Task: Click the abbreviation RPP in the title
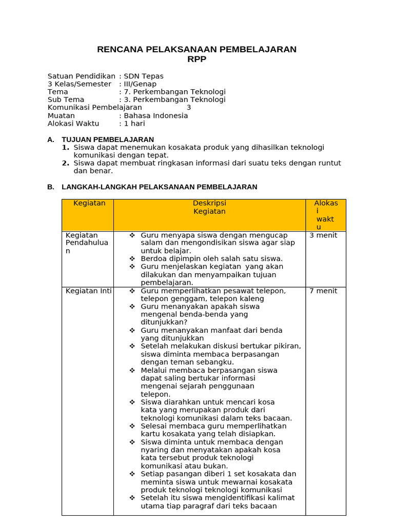(197, 59)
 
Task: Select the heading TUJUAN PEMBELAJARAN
(108, 139)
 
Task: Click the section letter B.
(50, 187)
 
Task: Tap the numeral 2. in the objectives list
(66, 164)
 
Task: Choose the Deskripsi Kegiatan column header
(209, 207)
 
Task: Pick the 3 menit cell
(323, 235)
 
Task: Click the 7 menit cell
(323, 291)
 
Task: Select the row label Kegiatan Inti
(89, 291)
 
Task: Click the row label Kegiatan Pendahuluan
(87, 243)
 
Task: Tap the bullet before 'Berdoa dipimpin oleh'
(132, 259)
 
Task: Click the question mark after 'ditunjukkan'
(185, 322)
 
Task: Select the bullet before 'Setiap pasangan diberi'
(132, 474)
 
